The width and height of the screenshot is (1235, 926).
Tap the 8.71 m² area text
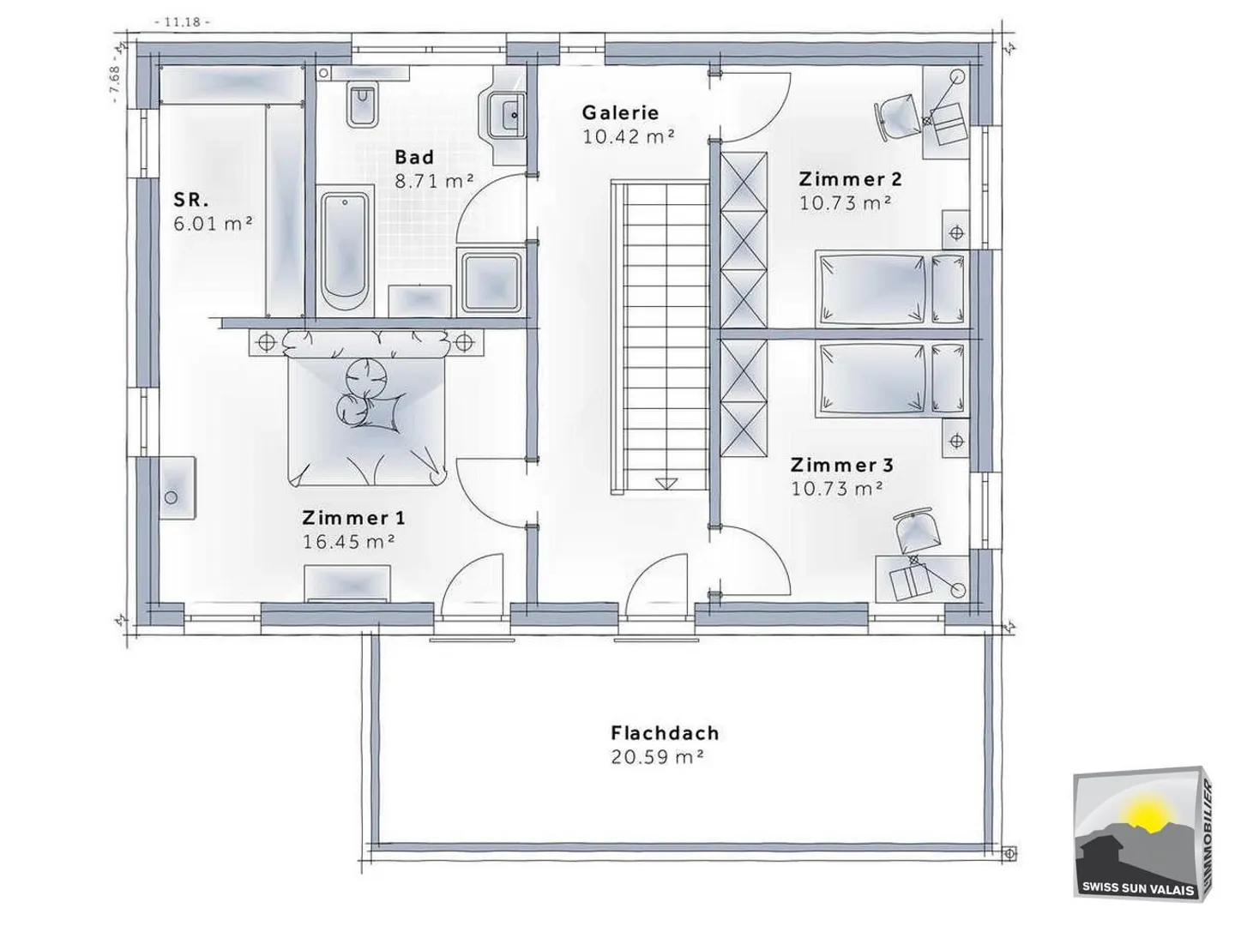tap(434, 181)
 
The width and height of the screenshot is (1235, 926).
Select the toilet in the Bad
tap(363, 105)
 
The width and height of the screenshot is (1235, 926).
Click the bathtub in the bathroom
tap(346, 251)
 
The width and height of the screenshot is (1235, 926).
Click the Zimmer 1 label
tap(353, 517)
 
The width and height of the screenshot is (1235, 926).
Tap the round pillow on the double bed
tap(366, 375)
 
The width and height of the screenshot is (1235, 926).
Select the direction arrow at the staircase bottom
tap(666, 483)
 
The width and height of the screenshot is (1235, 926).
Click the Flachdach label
tap(665, 733)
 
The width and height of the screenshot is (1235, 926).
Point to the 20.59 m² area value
tap(657, 757)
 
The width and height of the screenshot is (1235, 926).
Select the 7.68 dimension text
tap(115, 82)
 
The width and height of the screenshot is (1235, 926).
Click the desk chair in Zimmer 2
tap(896, 119)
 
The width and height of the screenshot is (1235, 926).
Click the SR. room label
tap(190, 200)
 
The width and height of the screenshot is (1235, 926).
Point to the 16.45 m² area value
tap(348, 541)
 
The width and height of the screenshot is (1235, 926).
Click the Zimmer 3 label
tap(841, 465)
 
